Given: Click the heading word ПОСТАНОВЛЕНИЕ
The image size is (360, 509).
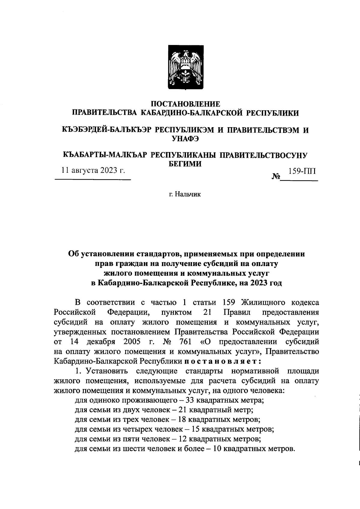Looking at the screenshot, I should [185, 104].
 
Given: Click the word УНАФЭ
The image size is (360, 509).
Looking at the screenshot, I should [185, 139].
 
